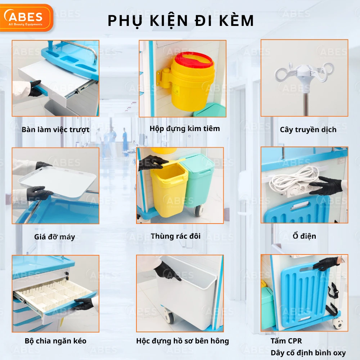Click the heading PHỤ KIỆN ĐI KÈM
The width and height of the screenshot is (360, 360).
pos(181,21)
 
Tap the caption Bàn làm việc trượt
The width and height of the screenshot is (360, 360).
pos(55,130)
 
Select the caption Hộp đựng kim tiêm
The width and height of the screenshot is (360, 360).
pos(185,129)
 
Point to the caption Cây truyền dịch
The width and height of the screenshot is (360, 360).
pos(308,130)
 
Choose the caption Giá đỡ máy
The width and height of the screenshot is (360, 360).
pos(55,237)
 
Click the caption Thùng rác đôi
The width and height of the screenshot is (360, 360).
pos(176,236)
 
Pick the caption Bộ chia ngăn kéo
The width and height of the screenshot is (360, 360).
pos(55,341)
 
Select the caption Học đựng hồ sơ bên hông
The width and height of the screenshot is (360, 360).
pos(183,341)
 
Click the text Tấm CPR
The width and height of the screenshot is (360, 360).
pos(286,341)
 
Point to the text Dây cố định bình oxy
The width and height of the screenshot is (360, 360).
pos(308,353)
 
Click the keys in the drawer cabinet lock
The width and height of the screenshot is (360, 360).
pos(67,276)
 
